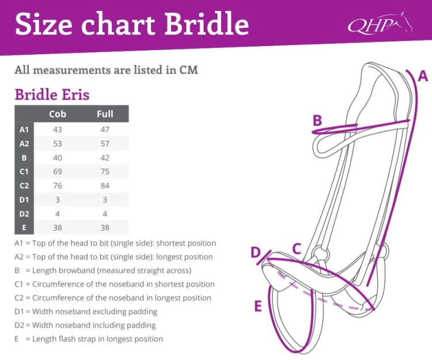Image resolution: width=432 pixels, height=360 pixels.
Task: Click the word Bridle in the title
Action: click(x=207, y=24)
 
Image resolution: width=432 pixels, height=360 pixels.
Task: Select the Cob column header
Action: click(x=58, y=114)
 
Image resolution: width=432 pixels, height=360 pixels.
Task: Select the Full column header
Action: click(x=105, y=114)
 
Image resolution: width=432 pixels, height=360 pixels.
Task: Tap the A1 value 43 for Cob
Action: click(x=58, y=130)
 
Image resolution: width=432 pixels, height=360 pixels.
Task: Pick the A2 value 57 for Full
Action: click(x=105, y=143)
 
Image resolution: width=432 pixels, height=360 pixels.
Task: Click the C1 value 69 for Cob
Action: click(x=58, y=172)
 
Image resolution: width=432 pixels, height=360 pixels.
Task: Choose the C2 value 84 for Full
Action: click(x=105, y=185)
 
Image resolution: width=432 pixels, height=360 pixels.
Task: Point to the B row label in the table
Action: click(x=24, y=158)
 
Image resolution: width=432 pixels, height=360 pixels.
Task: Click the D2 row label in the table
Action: click(x=24, y=214)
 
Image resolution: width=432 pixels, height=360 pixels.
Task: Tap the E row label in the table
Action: click(x=24, y=228)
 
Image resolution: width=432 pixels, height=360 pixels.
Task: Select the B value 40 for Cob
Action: click(x=58, y=158)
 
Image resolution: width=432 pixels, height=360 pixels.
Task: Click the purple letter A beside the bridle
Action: click(x=423, y=76)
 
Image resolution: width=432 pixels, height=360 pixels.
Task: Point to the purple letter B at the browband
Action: click(x=317, y=120)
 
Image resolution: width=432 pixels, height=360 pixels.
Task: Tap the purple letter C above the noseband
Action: click(x=297, y=249)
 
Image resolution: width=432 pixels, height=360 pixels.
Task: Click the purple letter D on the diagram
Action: click(x=256, y=252)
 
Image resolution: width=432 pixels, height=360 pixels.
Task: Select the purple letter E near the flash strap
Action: click(x=258, y=306)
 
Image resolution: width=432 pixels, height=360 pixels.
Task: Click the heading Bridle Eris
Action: click(x=52, y=94)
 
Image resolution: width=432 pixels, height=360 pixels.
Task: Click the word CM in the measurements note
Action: click(x=189, y=70)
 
